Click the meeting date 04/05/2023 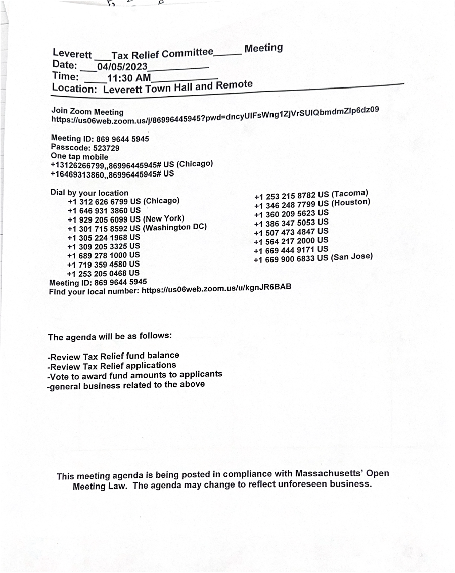point(122,67)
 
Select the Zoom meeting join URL point(215,115)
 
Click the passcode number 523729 point(106,148)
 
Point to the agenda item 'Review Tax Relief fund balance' point(113,356)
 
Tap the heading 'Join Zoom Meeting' point(87,111)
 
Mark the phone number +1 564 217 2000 point(285,241)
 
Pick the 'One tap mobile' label point(79,157)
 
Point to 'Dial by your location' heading point(89,193)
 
